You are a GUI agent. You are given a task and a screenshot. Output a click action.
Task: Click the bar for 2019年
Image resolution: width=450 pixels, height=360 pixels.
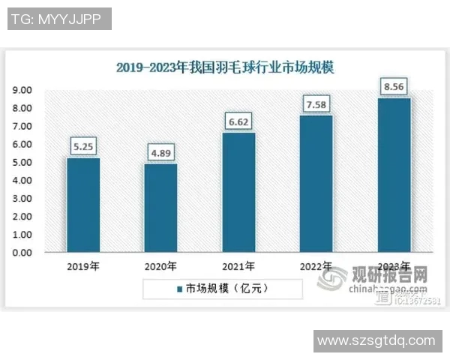(82, 205)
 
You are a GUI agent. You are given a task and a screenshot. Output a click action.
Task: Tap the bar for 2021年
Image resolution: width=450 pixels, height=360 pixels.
(238, 193)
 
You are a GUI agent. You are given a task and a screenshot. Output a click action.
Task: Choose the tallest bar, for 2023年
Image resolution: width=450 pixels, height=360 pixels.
(394, 175)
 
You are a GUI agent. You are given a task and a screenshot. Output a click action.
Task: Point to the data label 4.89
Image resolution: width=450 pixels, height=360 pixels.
(160, 153)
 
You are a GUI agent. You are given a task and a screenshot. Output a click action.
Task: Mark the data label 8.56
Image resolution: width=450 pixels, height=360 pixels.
(394, 86)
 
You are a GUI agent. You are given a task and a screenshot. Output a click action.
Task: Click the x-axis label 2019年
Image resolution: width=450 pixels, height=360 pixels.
(82, 266)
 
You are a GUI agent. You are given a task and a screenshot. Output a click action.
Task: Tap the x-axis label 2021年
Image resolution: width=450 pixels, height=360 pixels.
(238, 266)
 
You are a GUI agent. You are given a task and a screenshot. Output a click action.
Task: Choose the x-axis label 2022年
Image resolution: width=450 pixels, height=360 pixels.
(316, 266)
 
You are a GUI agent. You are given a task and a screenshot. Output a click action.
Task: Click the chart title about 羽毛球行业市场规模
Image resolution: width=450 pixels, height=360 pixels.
(225, 67)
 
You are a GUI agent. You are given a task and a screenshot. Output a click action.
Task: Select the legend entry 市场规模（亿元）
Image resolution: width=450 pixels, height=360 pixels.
(222, 287)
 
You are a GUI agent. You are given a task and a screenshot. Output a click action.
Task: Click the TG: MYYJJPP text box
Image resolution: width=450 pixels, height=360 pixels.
(59, 19)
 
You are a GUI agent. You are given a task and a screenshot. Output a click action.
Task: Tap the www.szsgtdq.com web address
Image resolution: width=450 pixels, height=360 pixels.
(375, 340)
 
